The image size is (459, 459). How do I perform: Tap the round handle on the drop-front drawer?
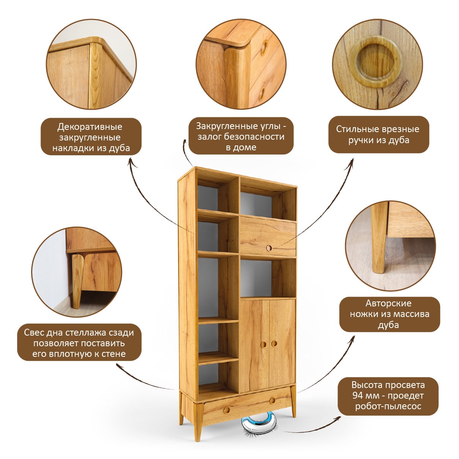click(x=269, y=248)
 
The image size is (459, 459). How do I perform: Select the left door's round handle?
click(x=263, y=344)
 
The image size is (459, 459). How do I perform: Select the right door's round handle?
click(x=274, y=343)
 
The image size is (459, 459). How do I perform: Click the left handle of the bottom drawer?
click(x=227, y=410)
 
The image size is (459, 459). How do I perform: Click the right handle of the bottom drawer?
click(x=273, y=400)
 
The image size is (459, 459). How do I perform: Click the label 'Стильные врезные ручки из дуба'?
click(x=379, y=134)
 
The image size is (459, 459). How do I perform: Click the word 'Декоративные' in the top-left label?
click(x=90, y=126)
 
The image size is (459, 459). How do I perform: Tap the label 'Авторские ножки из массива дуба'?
click(x=390, y=314)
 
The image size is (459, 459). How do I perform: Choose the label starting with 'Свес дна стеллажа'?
click(x=79, y=343)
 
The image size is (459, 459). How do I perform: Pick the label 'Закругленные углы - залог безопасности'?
click(x=241, y=136)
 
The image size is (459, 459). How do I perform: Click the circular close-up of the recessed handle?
click(x=377, y=64)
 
